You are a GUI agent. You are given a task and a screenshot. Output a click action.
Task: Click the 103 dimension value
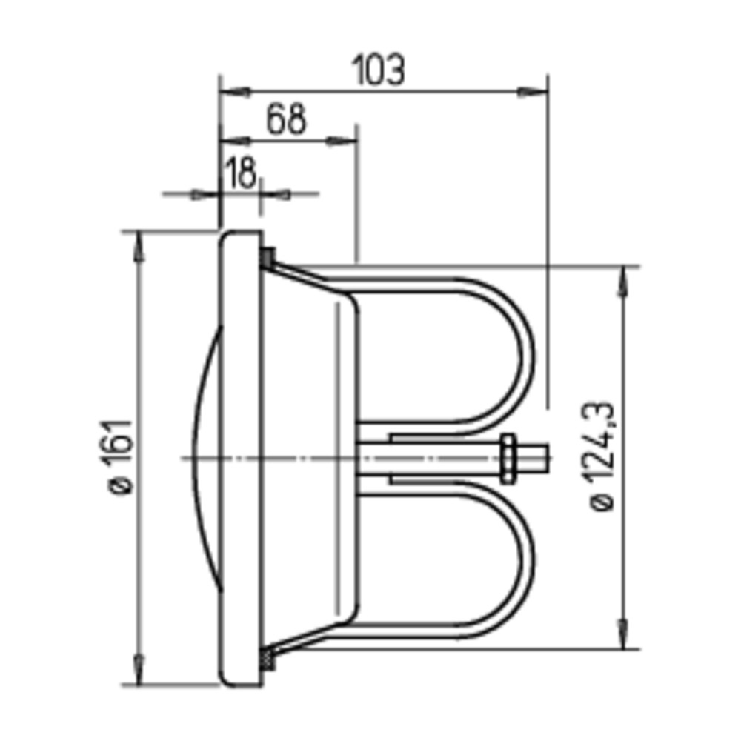(379, 70)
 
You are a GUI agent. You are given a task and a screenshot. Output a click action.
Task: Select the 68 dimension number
(286, 119)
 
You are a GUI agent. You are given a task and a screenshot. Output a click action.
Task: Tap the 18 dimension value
(241, 173)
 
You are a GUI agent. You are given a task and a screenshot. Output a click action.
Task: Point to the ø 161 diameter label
(121, 456)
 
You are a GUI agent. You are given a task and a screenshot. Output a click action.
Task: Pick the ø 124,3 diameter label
(602, 456)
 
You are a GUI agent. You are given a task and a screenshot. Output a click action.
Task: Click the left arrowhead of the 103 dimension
(235, 92)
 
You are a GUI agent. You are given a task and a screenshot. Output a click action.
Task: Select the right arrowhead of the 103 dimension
(533, 92)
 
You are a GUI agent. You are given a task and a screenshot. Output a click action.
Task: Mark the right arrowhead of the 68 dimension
(341, 141)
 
